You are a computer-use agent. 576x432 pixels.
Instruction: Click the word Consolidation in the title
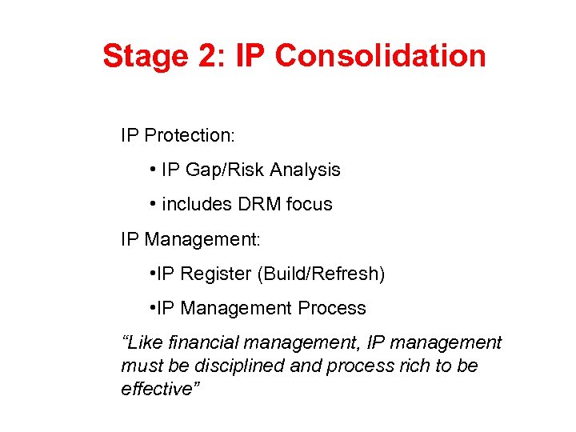380,56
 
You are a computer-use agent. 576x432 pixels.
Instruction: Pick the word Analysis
305,170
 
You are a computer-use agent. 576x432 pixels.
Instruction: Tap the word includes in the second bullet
197,205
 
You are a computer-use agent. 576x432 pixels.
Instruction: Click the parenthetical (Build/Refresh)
321,274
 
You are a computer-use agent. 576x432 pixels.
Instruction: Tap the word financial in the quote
198,343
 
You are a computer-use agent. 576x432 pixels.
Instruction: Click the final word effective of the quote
154,388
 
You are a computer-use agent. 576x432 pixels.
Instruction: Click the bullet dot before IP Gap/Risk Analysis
152,170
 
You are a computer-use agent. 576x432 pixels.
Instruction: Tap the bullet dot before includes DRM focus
152,205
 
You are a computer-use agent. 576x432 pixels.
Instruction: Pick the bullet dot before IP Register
152,274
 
